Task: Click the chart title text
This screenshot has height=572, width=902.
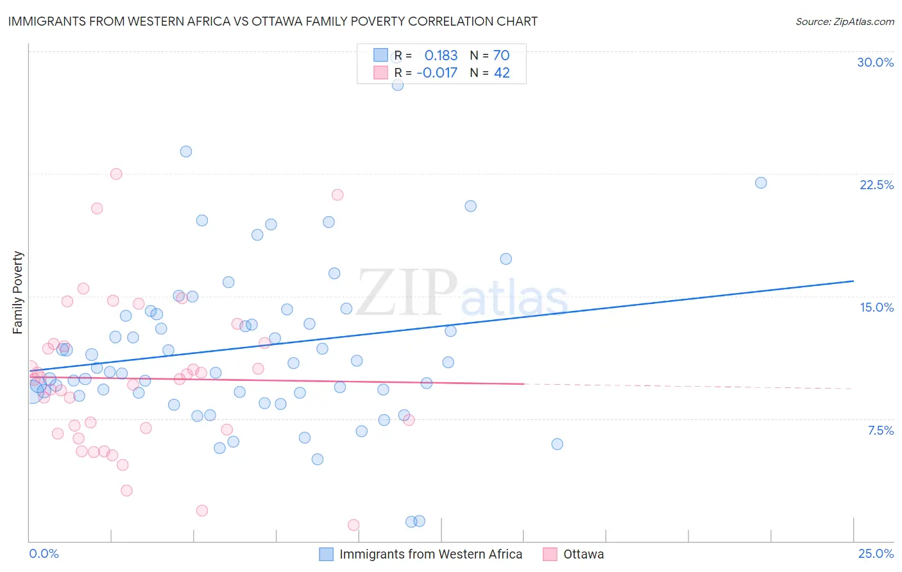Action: point(273,21)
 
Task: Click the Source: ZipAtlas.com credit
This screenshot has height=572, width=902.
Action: point(844,21)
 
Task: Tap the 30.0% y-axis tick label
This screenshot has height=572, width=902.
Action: point(875,62)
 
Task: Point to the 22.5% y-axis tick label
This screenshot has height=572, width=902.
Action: point(876,185)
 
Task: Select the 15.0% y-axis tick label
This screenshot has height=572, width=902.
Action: point(876,307)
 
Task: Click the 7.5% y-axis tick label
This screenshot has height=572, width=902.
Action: point(880,430)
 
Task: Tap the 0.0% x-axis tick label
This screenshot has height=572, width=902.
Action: point(44,553)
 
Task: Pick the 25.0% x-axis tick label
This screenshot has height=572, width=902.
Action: point(876,553)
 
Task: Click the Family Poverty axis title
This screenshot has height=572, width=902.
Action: point(18,292)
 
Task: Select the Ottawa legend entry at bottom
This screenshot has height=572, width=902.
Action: point(583,554)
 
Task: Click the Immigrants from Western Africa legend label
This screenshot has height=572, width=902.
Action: point(430,554)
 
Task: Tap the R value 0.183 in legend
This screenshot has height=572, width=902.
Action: point(441,55)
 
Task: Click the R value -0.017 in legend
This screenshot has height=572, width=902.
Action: point(437,72)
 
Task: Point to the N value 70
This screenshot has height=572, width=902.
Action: point(501,55)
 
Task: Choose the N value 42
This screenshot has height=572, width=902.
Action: point(501,72)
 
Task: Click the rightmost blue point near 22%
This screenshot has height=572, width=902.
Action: point(761,183)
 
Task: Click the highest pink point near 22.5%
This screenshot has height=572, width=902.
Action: point(116,174)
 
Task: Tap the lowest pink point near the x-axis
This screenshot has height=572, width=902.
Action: point(353,525)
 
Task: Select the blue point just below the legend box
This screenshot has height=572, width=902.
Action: point(398,85)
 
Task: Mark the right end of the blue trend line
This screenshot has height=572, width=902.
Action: point(853,281)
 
